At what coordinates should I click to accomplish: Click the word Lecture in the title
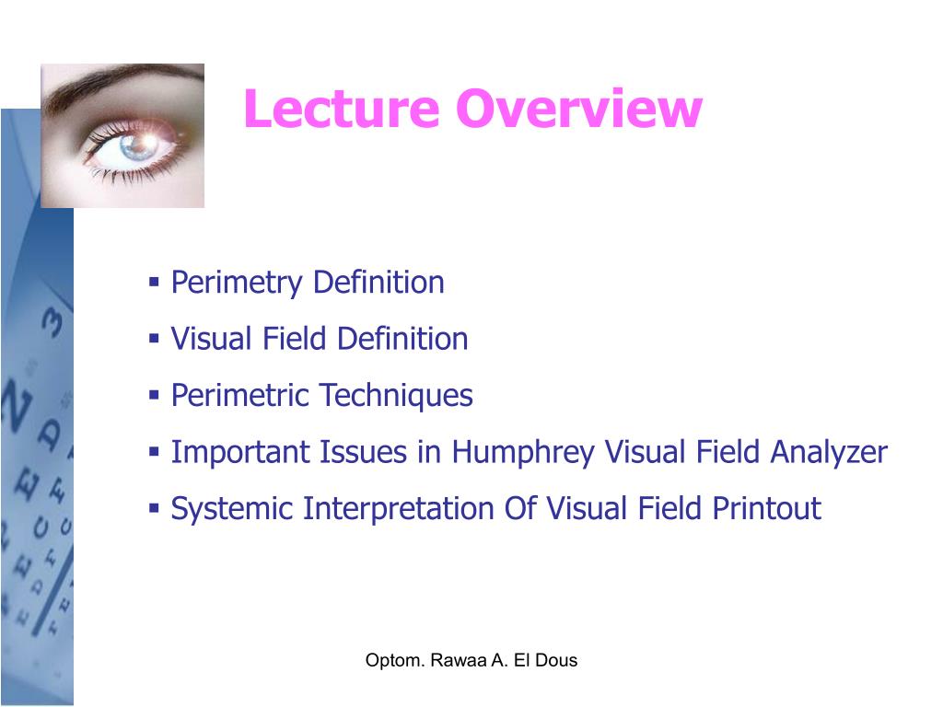pyautogui.click(x=342, y=110)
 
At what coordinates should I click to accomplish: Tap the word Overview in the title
pyautogui.click(x=577, y=110)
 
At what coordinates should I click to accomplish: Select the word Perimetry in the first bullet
pyautogui.click(x=237, y=283)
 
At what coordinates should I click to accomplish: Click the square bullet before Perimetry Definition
pyautogui.click(x=154, y=281)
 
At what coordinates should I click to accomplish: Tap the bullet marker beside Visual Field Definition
pyautogui.click(x=154, y=338)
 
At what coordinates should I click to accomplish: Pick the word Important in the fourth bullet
pyautogui.click(x=240, y=453)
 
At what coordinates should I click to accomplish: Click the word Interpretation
pyautogui.click(x=398, y=509)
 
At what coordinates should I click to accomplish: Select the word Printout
pyautogui.click(x=767, y=509)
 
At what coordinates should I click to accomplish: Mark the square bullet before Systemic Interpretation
pyautogui.click(x=154, y=508)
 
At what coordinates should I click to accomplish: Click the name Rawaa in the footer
pyautogui.click(x=450, y=660)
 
